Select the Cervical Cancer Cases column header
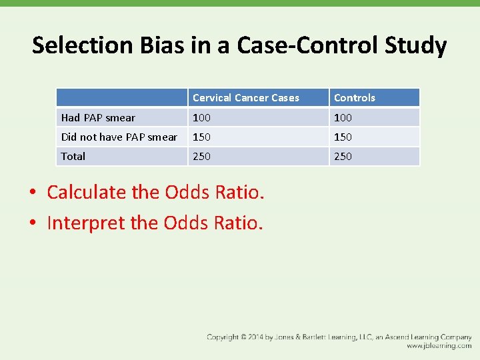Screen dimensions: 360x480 [x=245, y=98]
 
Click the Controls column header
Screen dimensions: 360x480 [x=354, y=98]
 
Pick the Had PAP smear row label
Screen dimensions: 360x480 [x=98, y=118]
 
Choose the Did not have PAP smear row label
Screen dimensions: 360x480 [x=119, y=137]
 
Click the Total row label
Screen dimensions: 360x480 [x=73, y=157]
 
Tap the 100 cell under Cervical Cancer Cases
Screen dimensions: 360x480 [x=201, y=118]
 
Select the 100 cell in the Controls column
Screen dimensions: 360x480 [x=343, y=118]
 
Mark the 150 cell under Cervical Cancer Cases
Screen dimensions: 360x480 [x=201, y=137]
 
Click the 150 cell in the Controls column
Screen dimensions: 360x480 [x=343, y=137]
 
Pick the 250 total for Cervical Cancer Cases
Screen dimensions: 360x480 [x=201, y=157]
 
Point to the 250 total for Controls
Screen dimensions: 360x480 [x=343, y=157]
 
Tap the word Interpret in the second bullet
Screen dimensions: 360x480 [x=86, y=223]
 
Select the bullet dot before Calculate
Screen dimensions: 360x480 [x=33, y=193]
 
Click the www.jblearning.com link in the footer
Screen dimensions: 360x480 [x=439, y=346]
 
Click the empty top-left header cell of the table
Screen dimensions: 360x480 [x=121, y=98]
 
